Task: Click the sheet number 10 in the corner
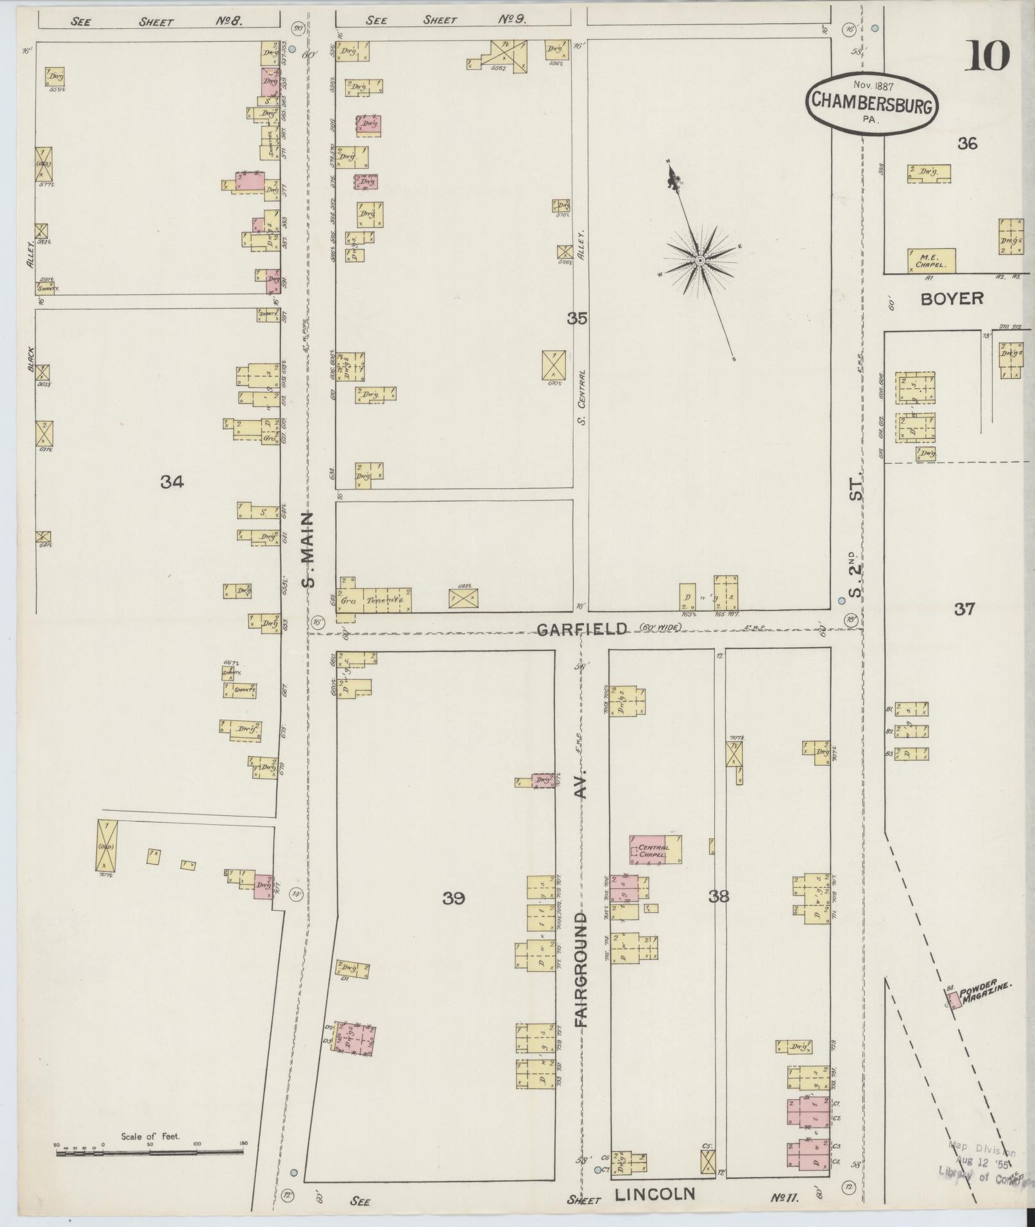pyautogui.click(x=986, y=56)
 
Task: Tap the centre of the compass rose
pyautogui.click(x=700, y=260)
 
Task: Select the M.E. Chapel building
pyautogui.click(x=932, y=260)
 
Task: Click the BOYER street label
pyautogui.click(x=952, y=298)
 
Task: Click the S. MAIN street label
pyautogui.click(x=309, y=549)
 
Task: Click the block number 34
pyautogui.click(x=172, y=482)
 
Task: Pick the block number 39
pyautogui.click(x=453, y=899)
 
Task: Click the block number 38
pyautogui.click(x=719, y=896)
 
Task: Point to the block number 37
pyautogui.click(x=964, y=609)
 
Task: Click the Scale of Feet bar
pyautogui.click(x=149, y=1153)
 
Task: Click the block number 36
pyautogui.click(x=967, y=144)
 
